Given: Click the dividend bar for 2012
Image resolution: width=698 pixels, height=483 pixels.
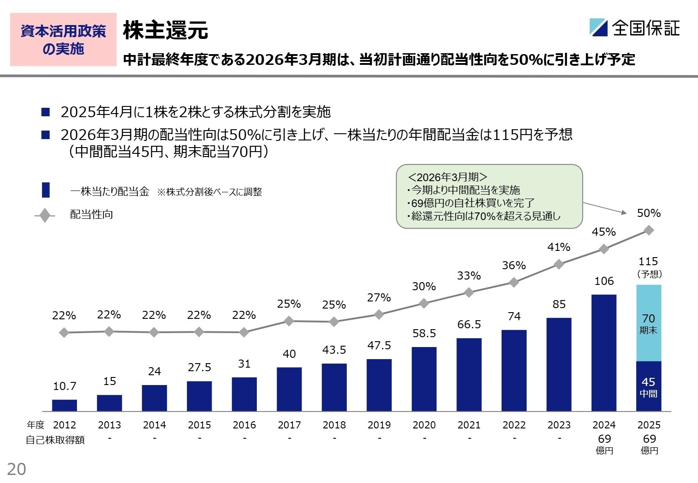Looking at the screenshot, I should tap(64, 405).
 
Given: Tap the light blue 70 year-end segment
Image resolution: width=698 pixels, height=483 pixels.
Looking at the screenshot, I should tap(648, 323).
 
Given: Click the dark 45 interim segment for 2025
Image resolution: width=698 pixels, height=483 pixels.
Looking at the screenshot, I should tap(648, 386).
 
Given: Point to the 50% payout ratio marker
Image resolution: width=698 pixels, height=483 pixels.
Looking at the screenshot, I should tap(649, 230).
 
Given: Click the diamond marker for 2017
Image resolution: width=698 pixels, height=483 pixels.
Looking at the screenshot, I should tap(289, 321).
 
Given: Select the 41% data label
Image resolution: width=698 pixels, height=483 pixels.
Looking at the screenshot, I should tap(558, 247).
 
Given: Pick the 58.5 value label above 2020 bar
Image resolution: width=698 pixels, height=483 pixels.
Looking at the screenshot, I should tap(424, 333).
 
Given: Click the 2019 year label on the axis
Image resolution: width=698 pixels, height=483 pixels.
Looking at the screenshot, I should tap(379, 425).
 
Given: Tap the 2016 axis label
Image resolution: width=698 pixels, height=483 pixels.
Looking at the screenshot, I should tap(244, 425).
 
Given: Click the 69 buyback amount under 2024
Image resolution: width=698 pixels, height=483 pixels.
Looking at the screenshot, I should tap(604, 439).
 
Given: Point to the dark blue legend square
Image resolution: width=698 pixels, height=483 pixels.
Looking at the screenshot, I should tap(46, 190).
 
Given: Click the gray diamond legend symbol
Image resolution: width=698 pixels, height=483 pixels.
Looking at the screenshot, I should tap(45, 216).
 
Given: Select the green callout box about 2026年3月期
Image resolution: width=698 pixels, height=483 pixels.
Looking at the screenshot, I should tap(489, 196).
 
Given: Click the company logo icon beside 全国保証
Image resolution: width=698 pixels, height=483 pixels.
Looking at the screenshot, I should tap(598, 27).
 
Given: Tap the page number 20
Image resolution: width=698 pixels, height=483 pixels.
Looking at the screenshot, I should tap(17, 469).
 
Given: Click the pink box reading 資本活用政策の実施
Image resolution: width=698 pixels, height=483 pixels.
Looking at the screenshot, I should tap(63, 40).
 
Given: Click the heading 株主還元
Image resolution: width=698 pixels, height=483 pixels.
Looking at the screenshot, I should tap(165, 30).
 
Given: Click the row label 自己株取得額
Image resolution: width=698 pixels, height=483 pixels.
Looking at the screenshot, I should tap(55, 440).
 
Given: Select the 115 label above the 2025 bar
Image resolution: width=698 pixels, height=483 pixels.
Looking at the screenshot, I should tap(648, 261).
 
